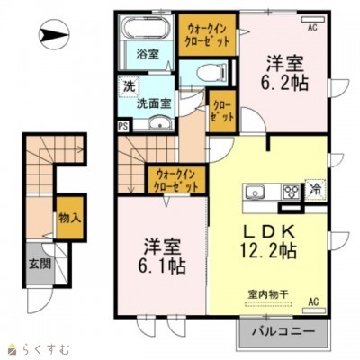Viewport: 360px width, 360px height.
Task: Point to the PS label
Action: click(x=122, y=127)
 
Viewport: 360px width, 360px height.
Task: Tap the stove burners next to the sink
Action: click(x=292, y=191)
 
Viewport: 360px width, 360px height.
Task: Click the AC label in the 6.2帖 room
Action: click(x=313, y=28)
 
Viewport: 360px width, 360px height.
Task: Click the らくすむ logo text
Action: click(x=36, y=346)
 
